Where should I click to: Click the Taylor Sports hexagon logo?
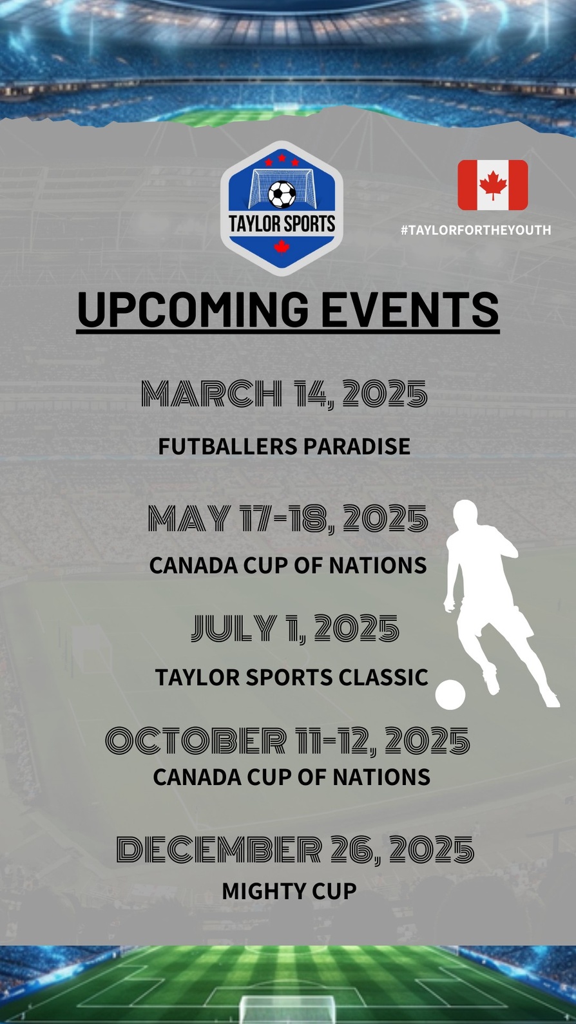(x=282, y=208)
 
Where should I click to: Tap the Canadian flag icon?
(x=493, y=185)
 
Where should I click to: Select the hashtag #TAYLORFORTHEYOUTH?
(x=475, y=230)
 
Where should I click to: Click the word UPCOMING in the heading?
(x=193, y=310)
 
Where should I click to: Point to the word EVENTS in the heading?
(x=410, y=310)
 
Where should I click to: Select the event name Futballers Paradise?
(x=284, y=446)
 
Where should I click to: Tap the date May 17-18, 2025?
(x=288, y=518)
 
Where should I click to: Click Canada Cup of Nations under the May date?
(x=288, y=565)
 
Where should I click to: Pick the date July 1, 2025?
(x=295, y=628)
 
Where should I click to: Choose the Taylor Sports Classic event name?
(x=291, y=677)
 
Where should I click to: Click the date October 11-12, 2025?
(x=288, y=741)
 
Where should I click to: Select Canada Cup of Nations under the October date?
(x=291, y=777)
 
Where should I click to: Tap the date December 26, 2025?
(x=295, y=849)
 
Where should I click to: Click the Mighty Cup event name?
(x=289, y=891)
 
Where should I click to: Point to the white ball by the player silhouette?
(x=450, y=694)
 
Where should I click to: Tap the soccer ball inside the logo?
(x=282, y=194)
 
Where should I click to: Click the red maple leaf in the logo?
(x=282, y=247)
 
